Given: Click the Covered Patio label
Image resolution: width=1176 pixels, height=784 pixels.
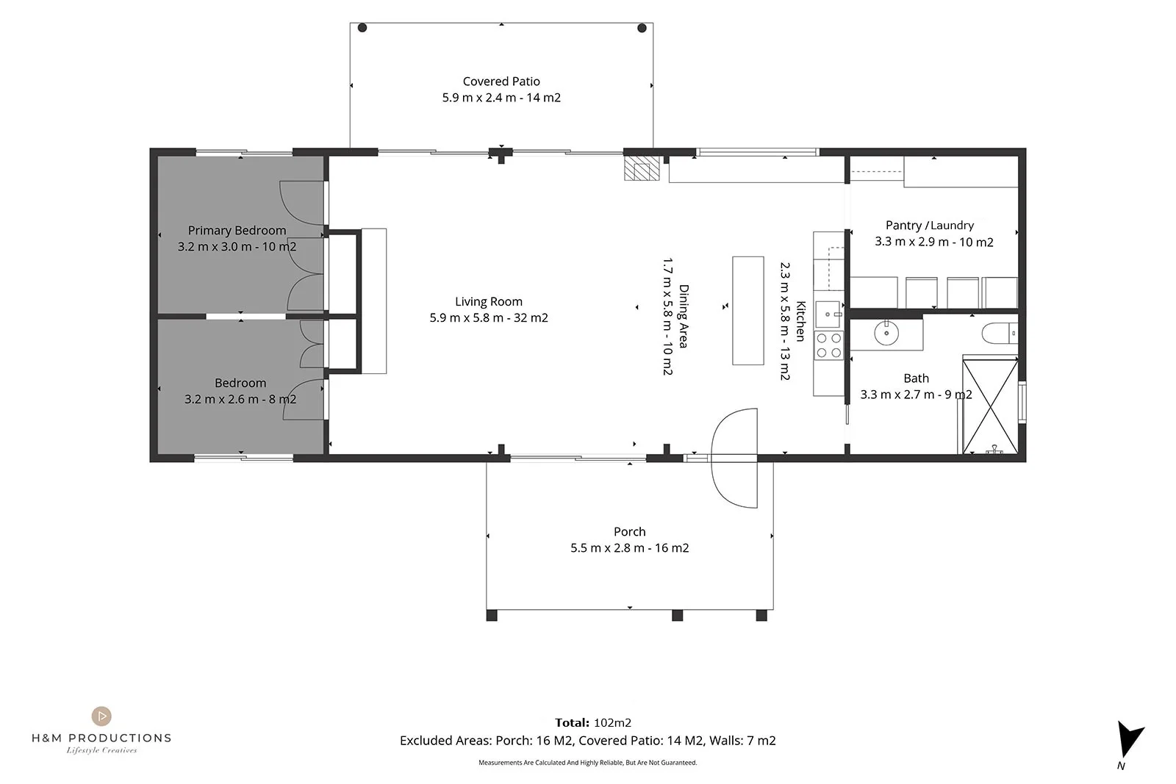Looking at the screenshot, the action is [501, 82].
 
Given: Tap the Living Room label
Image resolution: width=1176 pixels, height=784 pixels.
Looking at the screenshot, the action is [489, 302].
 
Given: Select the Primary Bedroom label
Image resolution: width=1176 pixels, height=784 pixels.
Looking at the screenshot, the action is [237, 231].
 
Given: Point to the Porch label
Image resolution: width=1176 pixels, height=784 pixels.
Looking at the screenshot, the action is [629, 531].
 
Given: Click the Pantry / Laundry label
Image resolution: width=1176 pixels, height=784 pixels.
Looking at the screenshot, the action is [930, 226].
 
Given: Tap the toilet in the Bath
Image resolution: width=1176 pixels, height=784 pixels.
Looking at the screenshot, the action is [1000, 334].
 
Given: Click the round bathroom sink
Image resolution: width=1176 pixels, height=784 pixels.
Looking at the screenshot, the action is [886, 333].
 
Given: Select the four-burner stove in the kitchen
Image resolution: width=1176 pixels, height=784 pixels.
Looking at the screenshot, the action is [828, 345].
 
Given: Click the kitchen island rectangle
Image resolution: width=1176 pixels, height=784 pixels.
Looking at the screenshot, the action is [748, 311].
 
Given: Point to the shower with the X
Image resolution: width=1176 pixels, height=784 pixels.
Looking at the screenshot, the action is [990, 405].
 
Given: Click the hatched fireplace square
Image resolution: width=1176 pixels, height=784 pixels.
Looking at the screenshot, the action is [642, 168].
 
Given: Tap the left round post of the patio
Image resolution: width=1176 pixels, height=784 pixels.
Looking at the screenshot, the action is [362, 28].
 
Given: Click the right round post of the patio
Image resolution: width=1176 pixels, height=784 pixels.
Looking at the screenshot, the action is [642, 28].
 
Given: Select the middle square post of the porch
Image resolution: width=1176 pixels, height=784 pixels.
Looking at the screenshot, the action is [677, 616].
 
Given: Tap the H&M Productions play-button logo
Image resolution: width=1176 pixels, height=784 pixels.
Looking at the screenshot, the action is [101, 716].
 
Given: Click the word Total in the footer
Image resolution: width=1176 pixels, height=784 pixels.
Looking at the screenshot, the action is [573, 722].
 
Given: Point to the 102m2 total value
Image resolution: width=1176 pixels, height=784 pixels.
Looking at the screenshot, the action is [613, 722].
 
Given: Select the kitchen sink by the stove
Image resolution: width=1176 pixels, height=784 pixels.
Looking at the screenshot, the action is [828, 314].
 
